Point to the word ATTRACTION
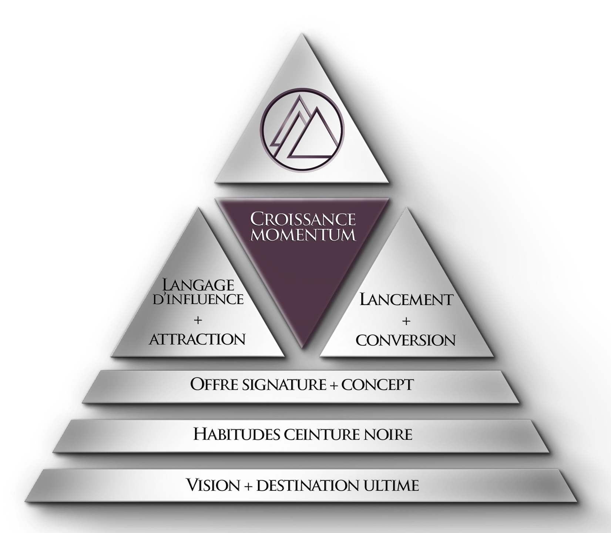pyautogui.click(x=197, y=339)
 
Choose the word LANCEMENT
pyautogui.click(x=406, y=299)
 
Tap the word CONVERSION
pyautogui.click(x=406, y=340)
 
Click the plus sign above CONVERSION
pyautogui.click(x=406, y=321)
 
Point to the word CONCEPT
pyautogui.click(x=377, y=385)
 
